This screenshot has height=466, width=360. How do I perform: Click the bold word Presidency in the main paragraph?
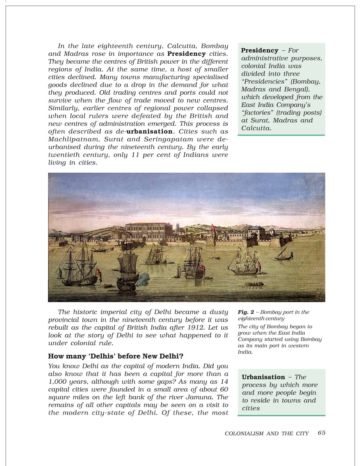(186, 54)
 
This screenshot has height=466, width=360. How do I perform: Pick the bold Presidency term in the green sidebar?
(259, 51)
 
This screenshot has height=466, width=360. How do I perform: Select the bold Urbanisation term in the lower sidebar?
(263, 377)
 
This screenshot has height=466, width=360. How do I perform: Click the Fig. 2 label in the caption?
(246, 312)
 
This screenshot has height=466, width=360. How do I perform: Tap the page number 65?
(321, 433)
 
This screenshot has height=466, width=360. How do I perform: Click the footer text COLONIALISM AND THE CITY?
(267, 434)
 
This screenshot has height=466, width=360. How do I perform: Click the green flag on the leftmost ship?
(60, 272)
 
